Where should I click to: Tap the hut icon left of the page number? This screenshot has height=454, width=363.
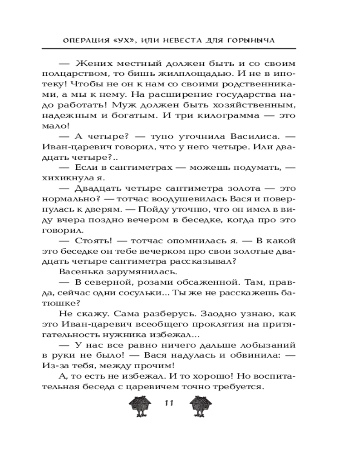click(x=140, y=405)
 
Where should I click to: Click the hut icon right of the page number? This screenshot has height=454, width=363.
click(x=200, y=405)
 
